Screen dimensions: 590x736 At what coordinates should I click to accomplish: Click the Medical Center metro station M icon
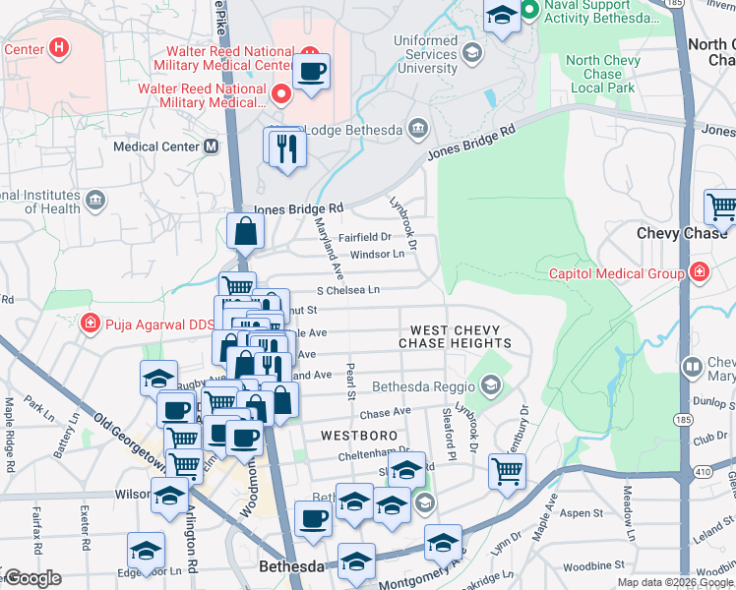click(211, 147)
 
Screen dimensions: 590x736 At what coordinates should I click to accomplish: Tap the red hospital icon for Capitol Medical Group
click(699, 272)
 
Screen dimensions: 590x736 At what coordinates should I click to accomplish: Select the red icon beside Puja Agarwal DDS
click(90, 323)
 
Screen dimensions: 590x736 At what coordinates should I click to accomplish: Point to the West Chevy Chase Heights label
click(455, 337)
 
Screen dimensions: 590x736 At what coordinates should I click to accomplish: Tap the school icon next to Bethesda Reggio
click(490, 383)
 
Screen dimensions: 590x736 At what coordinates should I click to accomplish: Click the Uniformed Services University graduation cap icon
click(471, 52)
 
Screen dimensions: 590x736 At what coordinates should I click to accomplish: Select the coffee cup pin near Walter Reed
click(312, 72)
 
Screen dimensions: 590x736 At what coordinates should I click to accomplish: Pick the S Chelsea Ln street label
click(347, 290)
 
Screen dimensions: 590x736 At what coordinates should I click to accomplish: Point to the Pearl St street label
click(350, 383)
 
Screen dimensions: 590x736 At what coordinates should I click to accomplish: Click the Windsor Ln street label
click(378, 255)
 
